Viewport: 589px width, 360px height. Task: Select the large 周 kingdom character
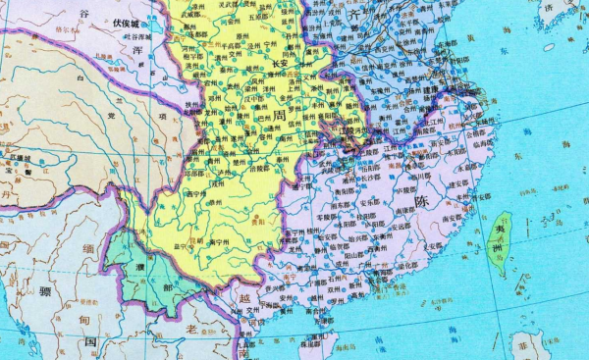[x=283, y=116]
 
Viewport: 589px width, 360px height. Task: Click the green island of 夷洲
[x=501, y=234]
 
